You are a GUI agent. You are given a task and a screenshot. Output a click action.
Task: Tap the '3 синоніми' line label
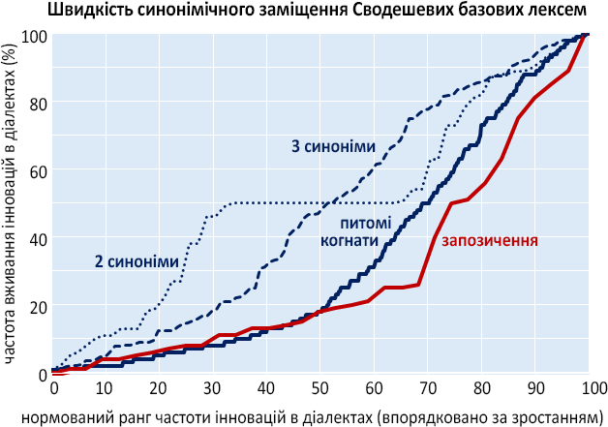point(333,146)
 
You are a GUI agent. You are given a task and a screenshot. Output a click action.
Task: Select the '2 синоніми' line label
point(137,261)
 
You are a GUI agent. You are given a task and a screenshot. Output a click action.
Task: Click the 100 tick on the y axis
point(33,36)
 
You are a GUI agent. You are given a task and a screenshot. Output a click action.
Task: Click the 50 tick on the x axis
point(321,388)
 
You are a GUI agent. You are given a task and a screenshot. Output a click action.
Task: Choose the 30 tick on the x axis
point(214,388)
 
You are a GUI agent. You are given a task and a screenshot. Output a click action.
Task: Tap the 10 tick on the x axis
point(107,388)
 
